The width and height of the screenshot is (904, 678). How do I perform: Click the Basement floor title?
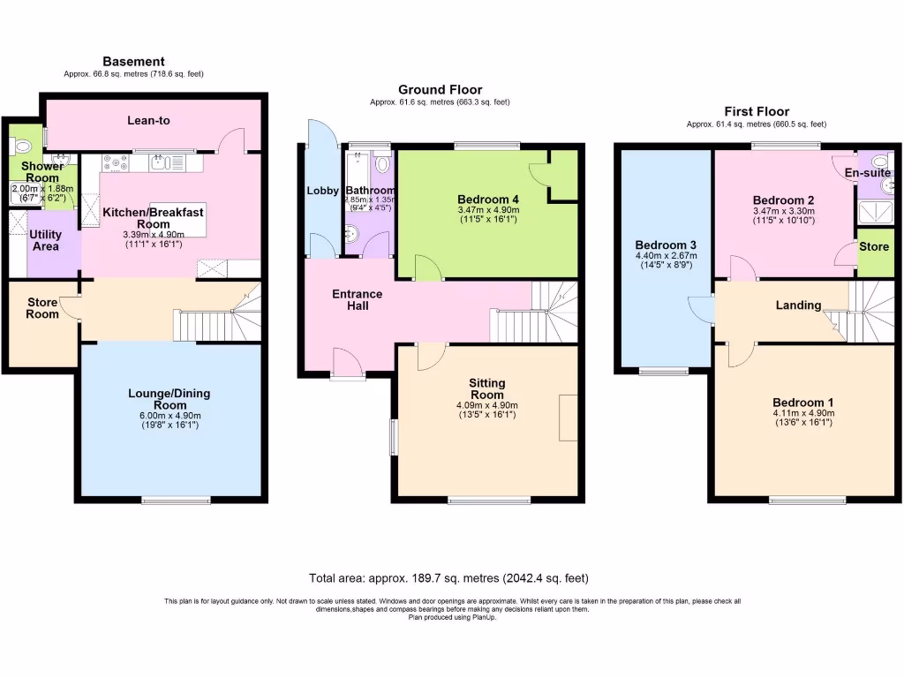(x=133, y=61)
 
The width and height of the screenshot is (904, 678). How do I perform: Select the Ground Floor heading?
(x=440, y=89)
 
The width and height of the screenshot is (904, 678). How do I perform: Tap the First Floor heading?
(x=756, y=111)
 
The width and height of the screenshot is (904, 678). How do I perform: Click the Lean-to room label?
(x=147, y=121)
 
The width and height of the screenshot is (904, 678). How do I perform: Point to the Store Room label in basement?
(x=41, y=308)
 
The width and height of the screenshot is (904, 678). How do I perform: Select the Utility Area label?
(x=44, y=240)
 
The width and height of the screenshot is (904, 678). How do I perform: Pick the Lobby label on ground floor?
(x=323, y=191)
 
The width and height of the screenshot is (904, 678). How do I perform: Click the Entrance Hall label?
(x=357, y=299)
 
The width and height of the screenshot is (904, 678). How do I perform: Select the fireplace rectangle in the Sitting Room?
(x=568, y=417)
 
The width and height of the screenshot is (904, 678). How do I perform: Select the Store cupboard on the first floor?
(x=874, y=247)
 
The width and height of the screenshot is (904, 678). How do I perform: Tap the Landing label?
(x=798, y=305)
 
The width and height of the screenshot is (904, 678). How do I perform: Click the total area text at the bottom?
(x=448, y=579)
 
